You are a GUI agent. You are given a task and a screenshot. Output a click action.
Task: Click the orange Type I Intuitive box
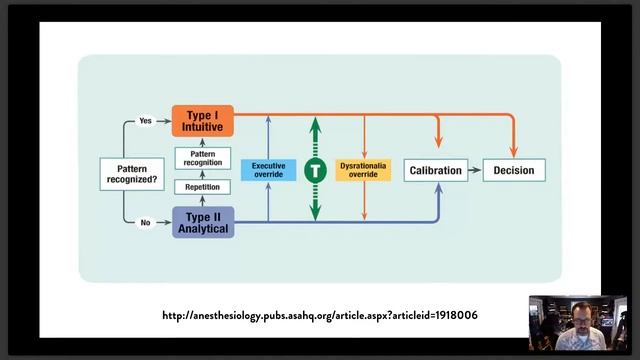tap(203, 121)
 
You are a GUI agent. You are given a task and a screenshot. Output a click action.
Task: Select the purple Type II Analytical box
tap(203, 222)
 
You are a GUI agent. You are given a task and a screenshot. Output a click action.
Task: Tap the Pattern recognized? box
tap(132, 174)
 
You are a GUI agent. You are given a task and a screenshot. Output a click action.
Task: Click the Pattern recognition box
tap(203, 158)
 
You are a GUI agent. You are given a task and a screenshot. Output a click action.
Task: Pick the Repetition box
tap(202, 187)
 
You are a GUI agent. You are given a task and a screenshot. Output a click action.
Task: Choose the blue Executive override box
tap(269, 170)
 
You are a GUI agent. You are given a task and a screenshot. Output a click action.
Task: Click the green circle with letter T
tap(315, 171)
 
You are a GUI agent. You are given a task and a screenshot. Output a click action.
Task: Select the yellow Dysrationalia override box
tap(363, 170)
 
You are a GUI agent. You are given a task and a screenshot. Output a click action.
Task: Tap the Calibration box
tap(436, 170)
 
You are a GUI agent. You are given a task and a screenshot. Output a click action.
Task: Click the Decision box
tap(514, 170)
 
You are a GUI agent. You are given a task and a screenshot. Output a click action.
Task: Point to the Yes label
tap(145, 121)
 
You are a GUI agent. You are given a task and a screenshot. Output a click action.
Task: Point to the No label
tap(145, 223)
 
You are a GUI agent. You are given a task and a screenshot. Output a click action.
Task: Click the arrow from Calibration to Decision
tap(475, 170)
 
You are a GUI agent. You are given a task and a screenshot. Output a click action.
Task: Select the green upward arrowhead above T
tap(315, 126)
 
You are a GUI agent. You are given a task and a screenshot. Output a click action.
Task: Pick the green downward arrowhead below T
tap(315, 213)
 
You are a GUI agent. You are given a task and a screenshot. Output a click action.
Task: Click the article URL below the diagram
tap(320, 316)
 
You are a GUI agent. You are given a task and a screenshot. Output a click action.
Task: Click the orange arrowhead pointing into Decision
tap(514, 152)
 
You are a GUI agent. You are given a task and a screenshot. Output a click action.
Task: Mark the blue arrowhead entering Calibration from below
tap(439, 188)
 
